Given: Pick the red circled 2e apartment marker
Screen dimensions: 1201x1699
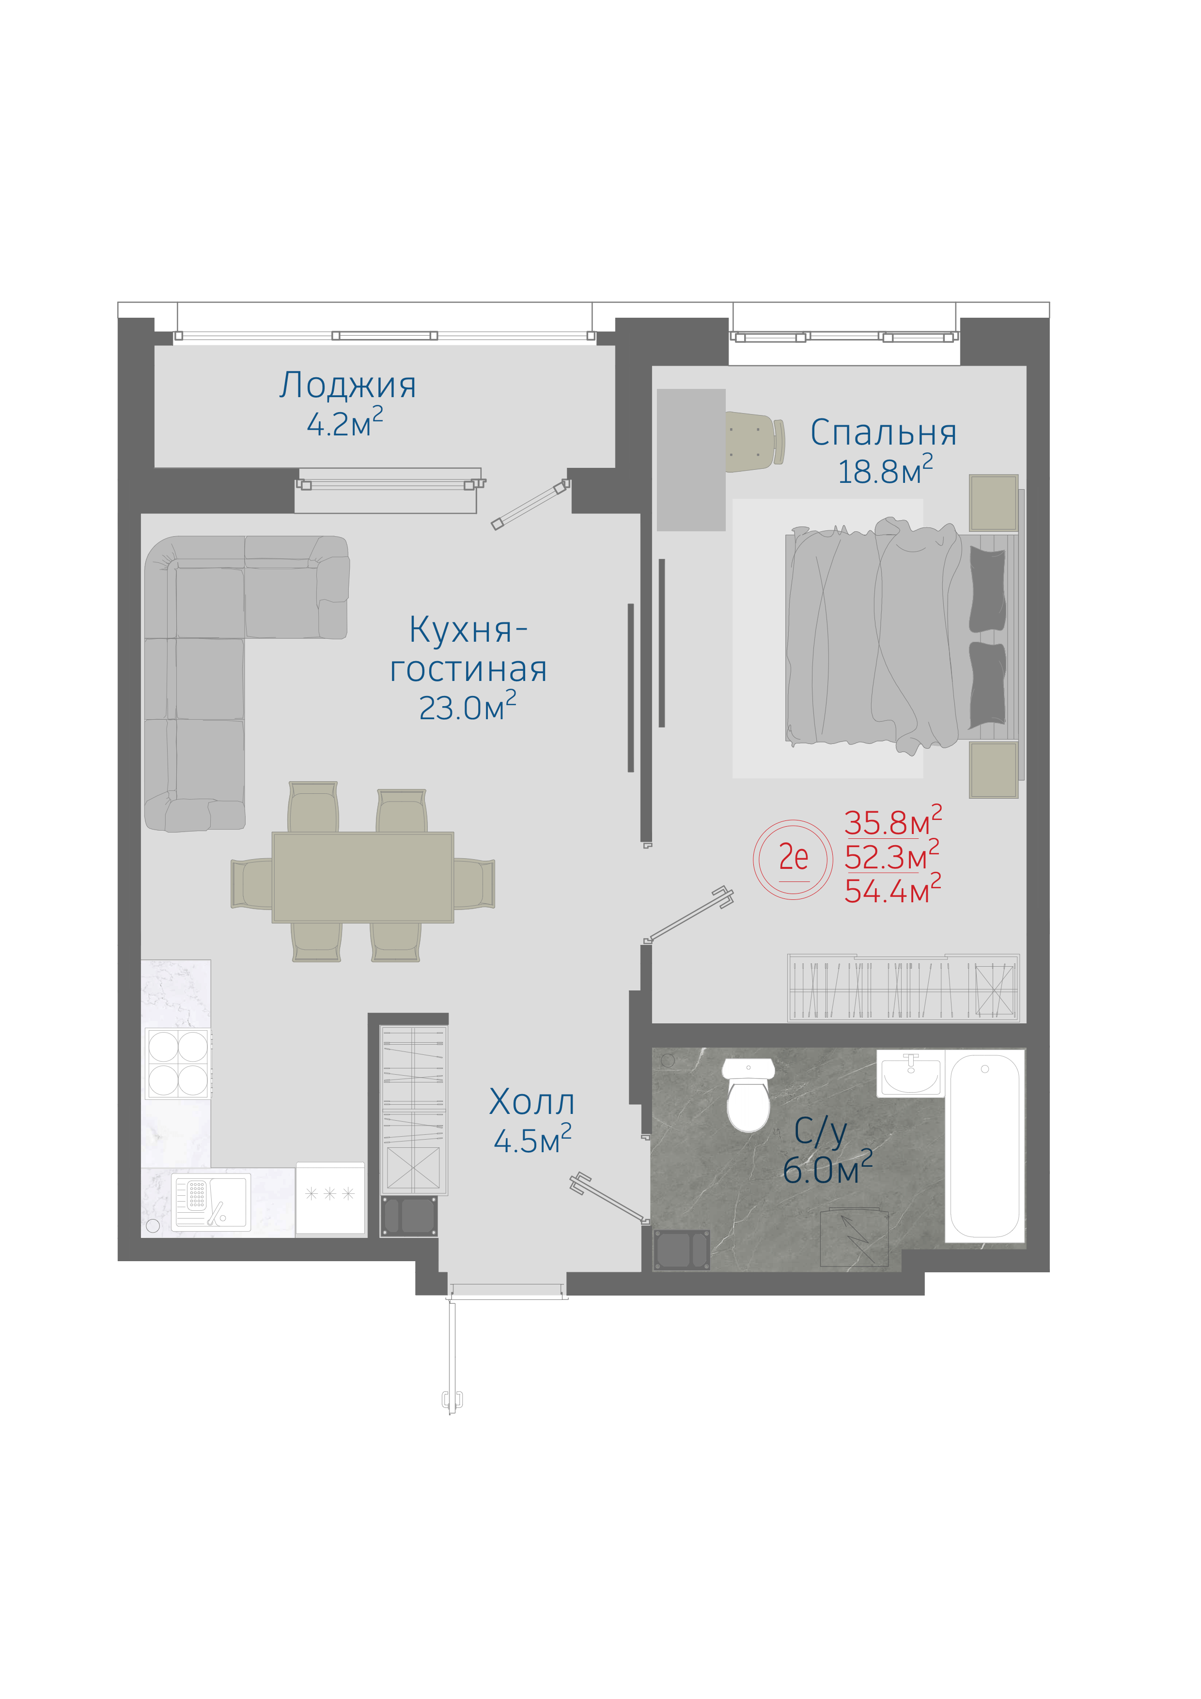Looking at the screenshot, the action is click(x=793, y=859).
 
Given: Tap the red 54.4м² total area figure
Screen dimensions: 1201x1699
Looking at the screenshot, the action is click(x=892, y=890).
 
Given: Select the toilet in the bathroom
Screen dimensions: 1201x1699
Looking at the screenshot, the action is click(x=748, y=1095).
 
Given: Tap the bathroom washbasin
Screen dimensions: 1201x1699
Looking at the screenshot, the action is click(x=911, y=1073).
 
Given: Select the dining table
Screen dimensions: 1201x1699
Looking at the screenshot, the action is click(x=362, y=878).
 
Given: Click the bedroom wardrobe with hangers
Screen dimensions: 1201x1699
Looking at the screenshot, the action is click(x=904, y=988).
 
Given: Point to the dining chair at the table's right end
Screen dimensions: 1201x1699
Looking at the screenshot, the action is click(x=474, y=883).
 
